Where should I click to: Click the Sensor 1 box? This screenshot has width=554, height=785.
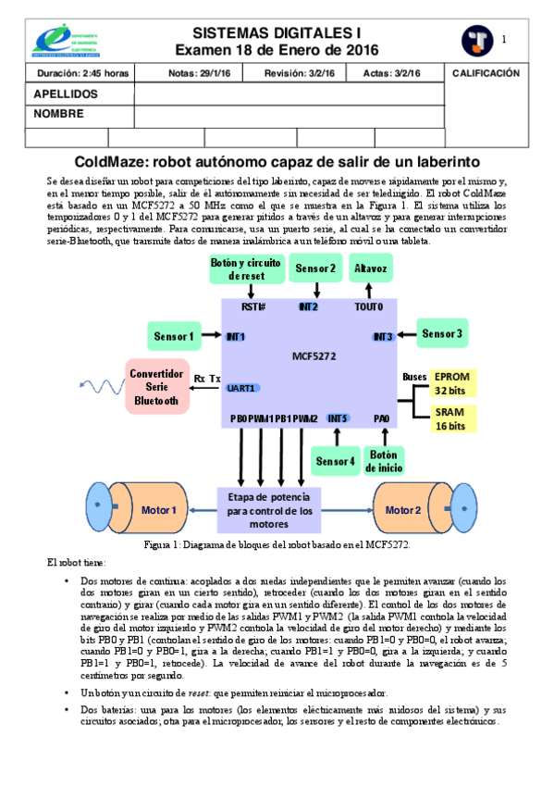(173, 337)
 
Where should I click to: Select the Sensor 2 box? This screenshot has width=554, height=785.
(315, 268)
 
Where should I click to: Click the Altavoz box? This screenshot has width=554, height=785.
(371, 268)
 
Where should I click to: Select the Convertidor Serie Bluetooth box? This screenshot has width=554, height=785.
(156, 385)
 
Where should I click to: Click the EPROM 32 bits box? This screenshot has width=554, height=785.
(450, 384)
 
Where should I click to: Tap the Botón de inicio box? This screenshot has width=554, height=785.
(384, 460)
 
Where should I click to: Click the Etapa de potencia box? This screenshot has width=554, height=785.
(270, 510)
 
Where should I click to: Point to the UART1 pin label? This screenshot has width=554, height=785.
(243, 388)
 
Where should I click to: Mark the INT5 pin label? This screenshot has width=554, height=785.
(338, 418)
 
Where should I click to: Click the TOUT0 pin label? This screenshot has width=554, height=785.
(368, 306)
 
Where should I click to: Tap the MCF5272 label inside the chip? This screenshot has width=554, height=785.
(313, 355)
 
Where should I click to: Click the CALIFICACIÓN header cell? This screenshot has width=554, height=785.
(486, 73)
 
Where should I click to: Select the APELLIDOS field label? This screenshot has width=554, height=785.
(66, 94)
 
